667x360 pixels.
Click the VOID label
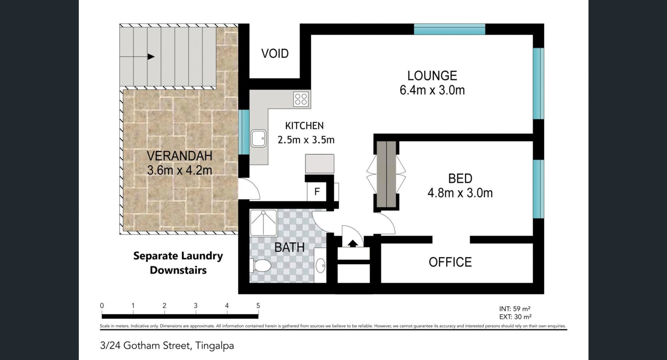(275, 53)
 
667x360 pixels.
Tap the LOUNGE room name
(432, 76)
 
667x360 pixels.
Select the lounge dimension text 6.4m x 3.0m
(432, 90)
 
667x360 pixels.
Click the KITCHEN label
(304, 126)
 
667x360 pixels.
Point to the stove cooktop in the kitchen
(301, 99)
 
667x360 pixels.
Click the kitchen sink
(258, 138)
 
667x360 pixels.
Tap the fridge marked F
(316, 192)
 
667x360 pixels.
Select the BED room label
(460, 178)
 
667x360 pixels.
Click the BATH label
(289, 248)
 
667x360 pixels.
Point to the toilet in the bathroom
(261, 266)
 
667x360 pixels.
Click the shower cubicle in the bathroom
(263, 223)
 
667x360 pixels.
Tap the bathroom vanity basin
(320, 266)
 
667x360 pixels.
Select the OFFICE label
(450, 262)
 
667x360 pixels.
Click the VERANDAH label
(180, 156)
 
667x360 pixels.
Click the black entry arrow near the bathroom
(353, 243)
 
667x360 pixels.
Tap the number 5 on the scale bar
(258, 306)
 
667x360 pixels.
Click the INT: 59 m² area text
(515, 309)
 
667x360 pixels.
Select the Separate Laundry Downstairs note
(178, 263)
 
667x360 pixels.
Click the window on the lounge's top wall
(450, 29)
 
